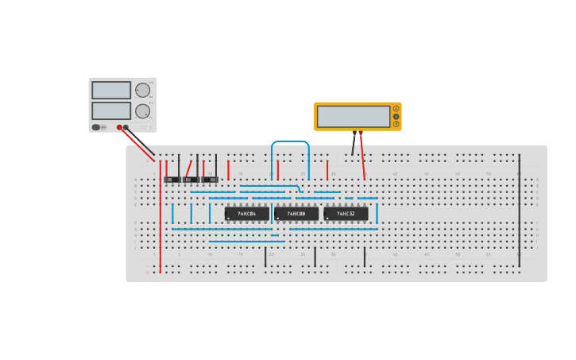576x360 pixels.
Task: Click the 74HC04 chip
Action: tap(246, 214)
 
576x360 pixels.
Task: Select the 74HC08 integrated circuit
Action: tap(296, 214)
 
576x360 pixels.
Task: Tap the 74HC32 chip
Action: tap(346, 214)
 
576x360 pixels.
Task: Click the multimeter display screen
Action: tap(354, 116)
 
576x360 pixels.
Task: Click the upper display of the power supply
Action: tap(111, 90)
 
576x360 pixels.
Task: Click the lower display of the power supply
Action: tap(111, 110)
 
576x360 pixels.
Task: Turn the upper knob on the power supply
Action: tap(142, 90)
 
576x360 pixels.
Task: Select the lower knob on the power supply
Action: tap(142, 110)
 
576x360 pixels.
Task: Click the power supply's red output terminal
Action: tap(120, 127)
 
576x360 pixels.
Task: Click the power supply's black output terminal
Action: tap(126, 127)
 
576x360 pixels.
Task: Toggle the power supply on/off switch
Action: tap(97, 127)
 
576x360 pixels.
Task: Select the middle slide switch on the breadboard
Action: tap(191, 180)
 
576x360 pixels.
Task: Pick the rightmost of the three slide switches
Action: tap(210, 180)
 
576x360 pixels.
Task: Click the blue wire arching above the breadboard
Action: tap(290, 141)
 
